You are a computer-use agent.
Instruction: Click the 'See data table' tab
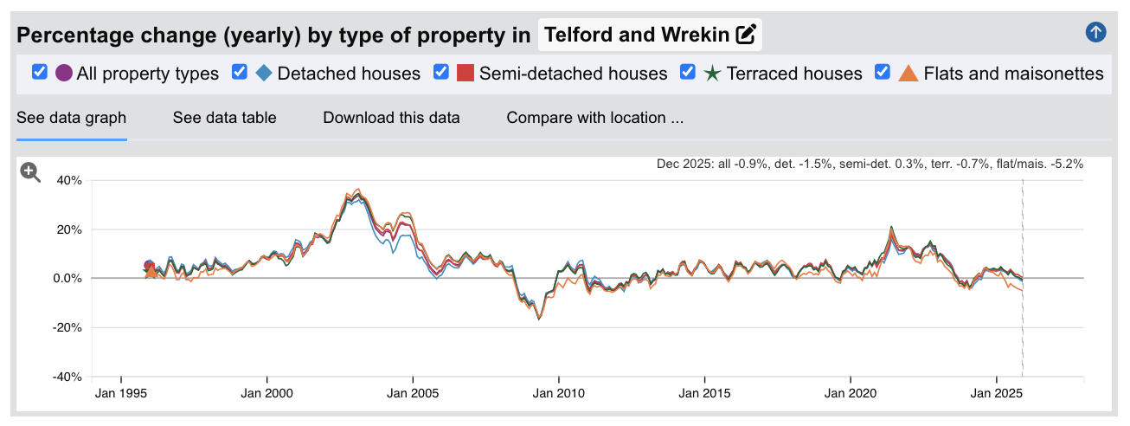tap(224, 118)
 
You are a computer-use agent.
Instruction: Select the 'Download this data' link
tap(391, 118)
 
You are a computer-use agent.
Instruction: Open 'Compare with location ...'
tap(594, 118)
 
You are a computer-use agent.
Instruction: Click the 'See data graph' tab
tap(72, 118)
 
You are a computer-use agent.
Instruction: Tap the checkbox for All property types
tap(39, 73)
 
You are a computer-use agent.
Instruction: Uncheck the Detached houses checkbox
tap(240, 73)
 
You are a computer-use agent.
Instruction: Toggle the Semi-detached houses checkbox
tap(441, 73)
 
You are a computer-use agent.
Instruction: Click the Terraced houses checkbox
tap(688, 73)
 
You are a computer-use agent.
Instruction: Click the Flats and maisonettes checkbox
tap(883, 73)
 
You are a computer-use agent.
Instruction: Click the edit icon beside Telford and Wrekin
tap(746, 35)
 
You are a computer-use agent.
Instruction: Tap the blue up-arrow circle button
tap(1095, 33)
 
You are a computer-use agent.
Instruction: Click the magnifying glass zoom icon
tap(30, 172)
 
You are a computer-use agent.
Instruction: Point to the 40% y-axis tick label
tap(69, 181)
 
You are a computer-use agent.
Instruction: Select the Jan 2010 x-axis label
tap(559, 393)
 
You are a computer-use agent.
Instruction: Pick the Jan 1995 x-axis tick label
tap(120, 393)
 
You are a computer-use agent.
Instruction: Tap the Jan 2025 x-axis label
tap(997, 393)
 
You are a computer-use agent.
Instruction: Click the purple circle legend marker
tap(64, 73)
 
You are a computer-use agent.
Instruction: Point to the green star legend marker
tap(712, 73)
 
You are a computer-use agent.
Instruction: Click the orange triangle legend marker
tap(908, 73)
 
